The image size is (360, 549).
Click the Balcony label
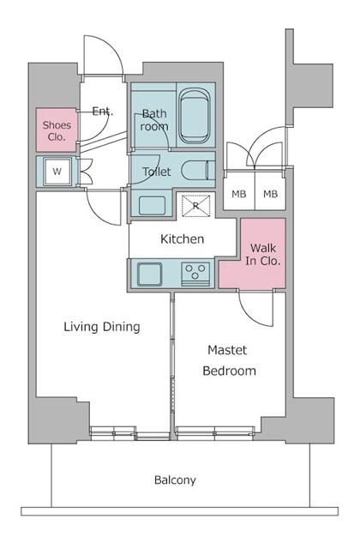[175, 480]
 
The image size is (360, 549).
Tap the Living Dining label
[102, 327]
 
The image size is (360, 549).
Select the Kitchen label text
[182, 239]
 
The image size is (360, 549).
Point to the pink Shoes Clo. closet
[57, 130]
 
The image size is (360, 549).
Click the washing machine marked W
[57, 172]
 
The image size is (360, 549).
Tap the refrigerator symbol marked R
[195, 206]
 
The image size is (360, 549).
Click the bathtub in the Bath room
[195, 115]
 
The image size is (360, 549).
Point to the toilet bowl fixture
[198, 171]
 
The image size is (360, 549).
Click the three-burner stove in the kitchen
[195, 274]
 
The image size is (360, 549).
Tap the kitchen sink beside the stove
[150, 274]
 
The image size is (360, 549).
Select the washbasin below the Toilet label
[152, 206]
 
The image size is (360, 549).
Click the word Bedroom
[230, 371]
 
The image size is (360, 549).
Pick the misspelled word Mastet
[227, 350]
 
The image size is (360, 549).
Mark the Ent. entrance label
[103, 112]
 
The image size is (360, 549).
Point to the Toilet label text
[156, 172]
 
